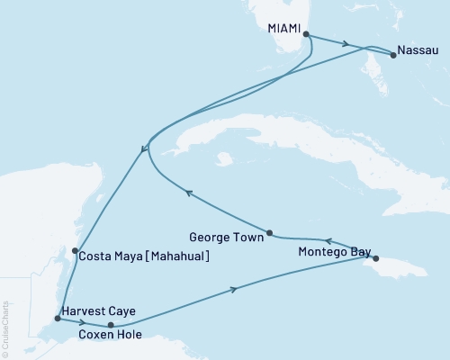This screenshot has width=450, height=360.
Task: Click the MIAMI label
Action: tap(285, 28)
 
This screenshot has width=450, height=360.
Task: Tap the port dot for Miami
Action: tap(307, 35)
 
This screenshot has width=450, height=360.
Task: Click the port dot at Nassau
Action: tap(393, 55)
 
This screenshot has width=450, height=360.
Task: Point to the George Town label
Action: tap(227, 238)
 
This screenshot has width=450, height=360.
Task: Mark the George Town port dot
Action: tap(269, 232)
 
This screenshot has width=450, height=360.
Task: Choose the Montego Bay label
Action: tap(333, 253)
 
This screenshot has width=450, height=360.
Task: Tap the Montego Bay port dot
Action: tap(376, 258)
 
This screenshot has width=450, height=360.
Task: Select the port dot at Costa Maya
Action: tap(75, 251)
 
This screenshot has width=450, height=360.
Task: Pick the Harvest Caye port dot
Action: tap(58, 318)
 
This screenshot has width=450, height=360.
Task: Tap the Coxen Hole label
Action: tap(110, 338)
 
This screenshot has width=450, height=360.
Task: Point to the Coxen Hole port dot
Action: tap(111, 325)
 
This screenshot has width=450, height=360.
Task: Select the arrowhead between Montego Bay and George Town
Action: tap(328, 241)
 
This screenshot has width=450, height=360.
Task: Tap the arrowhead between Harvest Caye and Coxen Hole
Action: tap(83, 321)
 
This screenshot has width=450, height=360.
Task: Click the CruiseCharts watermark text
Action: tap(4, 328)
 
